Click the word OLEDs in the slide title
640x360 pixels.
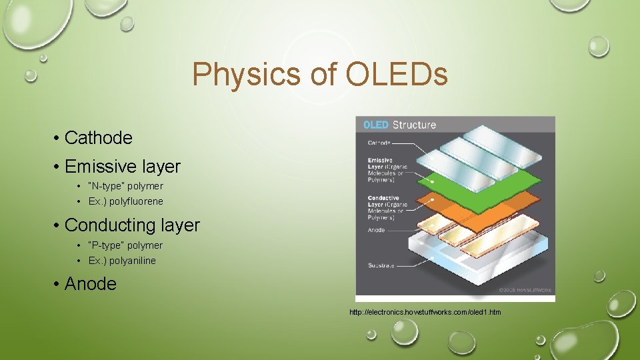(x=397, y=75)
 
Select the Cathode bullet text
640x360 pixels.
(x=98, y=138)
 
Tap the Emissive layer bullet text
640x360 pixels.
(x=123, y=165)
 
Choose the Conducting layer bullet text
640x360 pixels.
(x=132, y=225)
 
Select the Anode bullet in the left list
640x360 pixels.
(x=90, y=284)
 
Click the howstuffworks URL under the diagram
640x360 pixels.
(x=425, y=312)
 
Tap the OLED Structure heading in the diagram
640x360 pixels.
(x=399, y=125)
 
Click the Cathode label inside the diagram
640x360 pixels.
(x=379, y=143)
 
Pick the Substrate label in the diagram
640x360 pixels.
(x=381, y=265)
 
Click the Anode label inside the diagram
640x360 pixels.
(x=376, y=230)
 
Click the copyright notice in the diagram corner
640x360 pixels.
(x=527, y=290)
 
